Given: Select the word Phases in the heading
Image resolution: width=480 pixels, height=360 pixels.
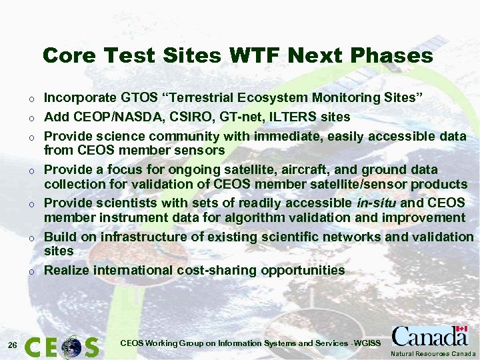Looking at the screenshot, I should tap(395, 55).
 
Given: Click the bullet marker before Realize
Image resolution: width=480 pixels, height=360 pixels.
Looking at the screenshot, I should tap(31, 271).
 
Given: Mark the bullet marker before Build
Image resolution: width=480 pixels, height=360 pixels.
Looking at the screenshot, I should tap(31, 238).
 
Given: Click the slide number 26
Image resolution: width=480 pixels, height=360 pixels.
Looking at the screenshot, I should tap(12, 345).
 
